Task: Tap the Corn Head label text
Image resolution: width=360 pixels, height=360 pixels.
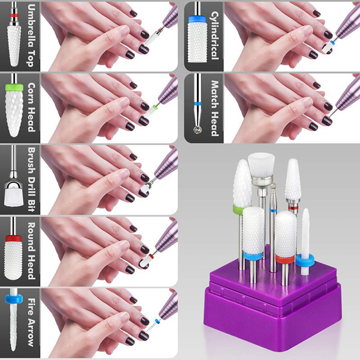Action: point(31,107)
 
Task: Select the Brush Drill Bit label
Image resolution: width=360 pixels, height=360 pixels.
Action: point(31,179)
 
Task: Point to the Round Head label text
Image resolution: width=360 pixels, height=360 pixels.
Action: point(31,251)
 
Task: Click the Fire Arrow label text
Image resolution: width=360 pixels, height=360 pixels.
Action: point(31,322)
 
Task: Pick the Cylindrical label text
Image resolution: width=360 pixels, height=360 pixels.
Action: point(215,36)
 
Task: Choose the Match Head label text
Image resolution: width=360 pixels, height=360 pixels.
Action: point(215,108)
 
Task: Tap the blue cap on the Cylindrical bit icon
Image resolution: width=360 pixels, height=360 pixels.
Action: point(198,19)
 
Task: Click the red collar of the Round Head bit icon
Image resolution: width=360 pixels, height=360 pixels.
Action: point(13,238)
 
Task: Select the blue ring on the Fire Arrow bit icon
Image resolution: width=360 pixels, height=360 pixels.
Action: point(13,298)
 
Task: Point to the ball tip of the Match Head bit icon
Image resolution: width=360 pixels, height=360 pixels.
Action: point(197,130)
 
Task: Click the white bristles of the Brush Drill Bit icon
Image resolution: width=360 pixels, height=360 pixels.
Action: point(13,197)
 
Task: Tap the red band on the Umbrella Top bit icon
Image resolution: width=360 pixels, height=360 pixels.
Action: point(14,15)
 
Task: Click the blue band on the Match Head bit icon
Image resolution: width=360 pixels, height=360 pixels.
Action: point(198,104)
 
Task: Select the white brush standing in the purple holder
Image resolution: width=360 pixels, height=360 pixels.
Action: point(261,166)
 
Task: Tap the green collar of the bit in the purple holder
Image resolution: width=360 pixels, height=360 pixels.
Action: point(239,209)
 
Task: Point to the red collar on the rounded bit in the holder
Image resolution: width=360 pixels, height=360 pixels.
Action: point(285,259)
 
